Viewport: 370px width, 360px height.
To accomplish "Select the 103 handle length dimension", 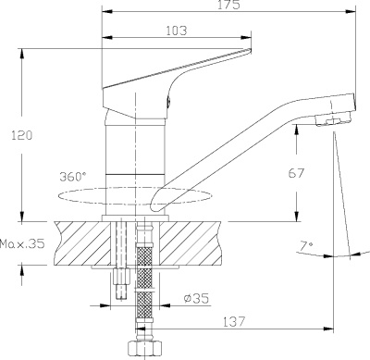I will click(x=177, y=31).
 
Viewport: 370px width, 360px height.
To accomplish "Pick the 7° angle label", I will click(x=306, y=247).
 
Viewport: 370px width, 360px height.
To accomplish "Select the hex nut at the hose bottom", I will click(x=134, y=347).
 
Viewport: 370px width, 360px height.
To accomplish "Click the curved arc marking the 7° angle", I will click(x=333, y=254).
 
